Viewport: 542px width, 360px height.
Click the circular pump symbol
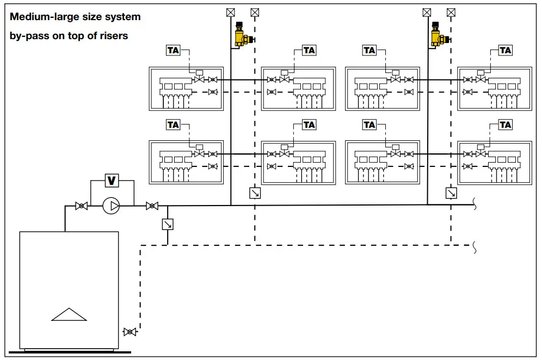pyautogui.click(x=112, y=206)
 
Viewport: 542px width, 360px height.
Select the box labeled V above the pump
pyautogui.click(x=112, y=181)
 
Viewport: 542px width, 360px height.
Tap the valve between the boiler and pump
pyautogui.click(x=82, y=206)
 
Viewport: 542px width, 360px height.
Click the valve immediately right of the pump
pyautogui.click(x=152, y=206)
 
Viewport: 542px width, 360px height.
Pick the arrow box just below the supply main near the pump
pyautogui.click(x=167, y=224)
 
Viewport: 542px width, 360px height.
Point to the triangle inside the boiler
pyautogui.click(x=69, y=315)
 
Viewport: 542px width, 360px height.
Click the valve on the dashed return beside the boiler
pyautogui.click(x=130, y=331)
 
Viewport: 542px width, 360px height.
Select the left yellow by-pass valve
pyautogui.click(x=240, y=35)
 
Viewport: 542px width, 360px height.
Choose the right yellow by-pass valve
pyautogui.click(x=436, y=35)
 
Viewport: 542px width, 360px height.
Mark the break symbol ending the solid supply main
pyautogui.click(x=475, y=205)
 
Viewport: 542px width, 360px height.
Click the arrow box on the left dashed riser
pyautogui.click(x=254, y=193)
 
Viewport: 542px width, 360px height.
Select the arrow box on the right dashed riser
pyautogui.click(x=451, y=193)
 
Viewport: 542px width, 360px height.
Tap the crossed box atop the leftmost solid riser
pyautogui.click(x=231, y=12)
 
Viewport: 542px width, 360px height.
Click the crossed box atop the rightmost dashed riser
pyautogui.click(x=451, y=12)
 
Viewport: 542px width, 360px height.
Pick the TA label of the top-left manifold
pyautogui.click(x=173, y=50)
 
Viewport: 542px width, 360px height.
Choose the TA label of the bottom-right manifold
pyautogui.click(x=506, y=125)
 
